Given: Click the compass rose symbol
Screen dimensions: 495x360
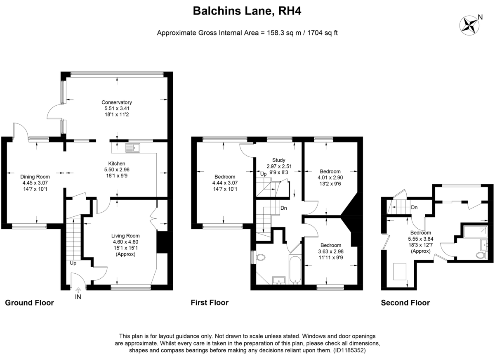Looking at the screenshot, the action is pyautogui.click(x=469, y=26).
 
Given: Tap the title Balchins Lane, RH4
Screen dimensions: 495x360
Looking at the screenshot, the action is pyautogui.click(x=247, y=11).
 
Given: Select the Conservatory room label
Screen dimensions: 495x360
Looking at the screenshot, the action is pyautogui.click(x=117, y=102).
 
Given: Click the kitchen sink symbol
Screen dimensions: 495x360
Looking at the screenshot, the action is pyautogui.click(x=132, y=148).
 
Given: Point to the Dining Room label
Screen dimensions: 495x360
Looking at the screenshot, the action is pyautogui.click(x=35, y=177).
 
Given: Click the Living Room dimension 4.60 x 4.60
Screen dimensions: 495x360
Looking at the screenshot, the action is pyautogui.click(x=125, y=242).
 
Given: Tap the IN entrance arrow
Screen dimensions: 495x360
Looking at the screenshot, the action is pyautogui.click(x=78, y=289).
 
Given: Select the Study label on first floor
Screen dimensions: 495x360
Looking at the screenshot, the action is pyautogui.click(x=279, y=160).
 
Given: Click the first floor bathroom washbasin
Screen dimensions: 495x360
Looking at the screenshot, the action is pyautogui.click(x=279, y=280).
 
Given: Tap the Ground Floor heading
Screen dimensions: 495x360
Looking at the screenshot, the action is pyautogui.click(x=29, y=303).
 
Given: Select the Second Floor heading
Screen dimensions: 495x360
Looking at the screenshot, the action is pyautogui.click(x=405, y=303).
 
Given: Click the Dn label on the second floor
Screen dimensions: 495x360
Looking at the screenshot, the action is pyautogui.click(x=414, y=207).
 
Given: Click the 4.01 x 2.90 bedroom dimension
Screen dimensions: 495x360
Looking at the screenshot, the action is pyautogui.click(x=330, y=178).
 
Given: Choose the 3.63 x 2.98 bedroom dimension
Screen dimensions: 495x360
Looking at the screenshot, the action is pyautogui.click(x=331, y=251).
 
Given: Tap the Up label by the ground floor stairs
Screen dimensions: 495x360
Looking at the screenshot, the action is pyautogui.click(x=73, y=263).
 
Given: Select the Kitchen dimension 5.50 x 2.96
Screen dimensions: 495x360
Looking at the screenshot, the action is pyautogui.click(x=117, y=170).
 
